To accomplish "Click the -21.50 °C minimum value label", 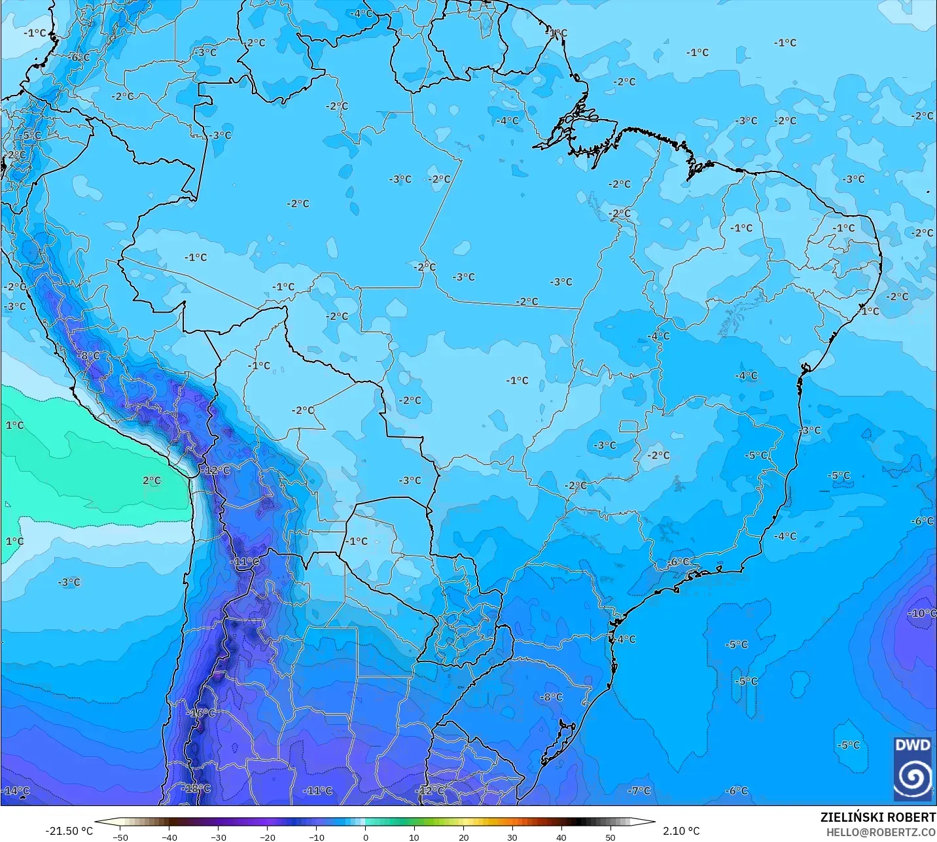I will tap(69, 831).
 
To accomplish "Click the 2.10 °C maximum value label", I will tap(681, 831).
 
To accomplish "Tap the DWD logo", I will tap(913, 769).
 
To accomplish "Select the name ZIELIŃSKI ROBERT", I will tap(878, 817).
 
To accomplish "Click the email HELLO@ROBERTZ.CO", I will tap(881, 832).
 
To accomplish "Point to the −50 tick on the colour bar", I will tap(120, 837).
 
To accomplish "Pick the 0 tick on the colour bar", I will tap(365, 837).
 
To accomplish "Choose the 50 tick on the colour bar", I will tap(610, 837).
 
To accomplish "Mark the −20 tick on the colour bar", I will tap(268, 837).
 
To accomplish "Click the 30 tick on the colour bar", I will tap(512, 837).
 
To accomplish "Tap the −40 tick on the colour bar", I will tap(169, 837).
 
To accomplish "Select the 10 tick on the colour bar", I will tap(414, 837).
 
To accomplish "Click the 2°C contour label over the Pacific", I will tap(152, 480).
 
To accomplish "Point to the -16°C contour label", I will tap(202, 712).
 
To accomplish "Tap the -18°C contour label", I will tap(197, 788).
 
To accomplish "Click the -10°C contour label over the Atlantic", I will tap(923, 613).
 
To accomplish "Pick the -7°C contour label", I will tap(639, 790).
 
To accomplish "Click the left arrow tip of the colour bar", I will tap(96, 822).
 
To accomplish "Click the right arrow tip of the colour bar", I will tap(654, 822).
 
